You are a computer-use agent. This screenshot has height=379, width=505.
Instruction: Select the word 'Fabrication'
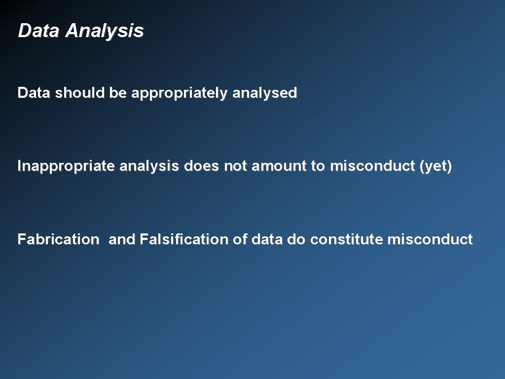[x=58, y=240]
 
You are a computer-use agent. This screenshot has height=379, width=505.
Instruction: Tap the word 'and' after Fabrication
[x=122, y=240]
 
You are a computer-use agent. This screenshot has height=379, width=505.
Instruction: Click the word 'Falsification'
[x=184, y=240]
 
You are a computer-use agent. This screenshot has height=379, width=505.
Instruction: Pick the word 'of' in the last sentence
[x=240, y=240]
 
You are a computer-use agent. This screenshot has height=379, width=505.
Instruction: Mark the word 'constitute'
[x=347, y=240]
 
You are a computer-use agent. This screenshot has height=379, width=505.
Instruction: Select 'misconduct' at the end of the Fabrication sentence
[x=430, y=240]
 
